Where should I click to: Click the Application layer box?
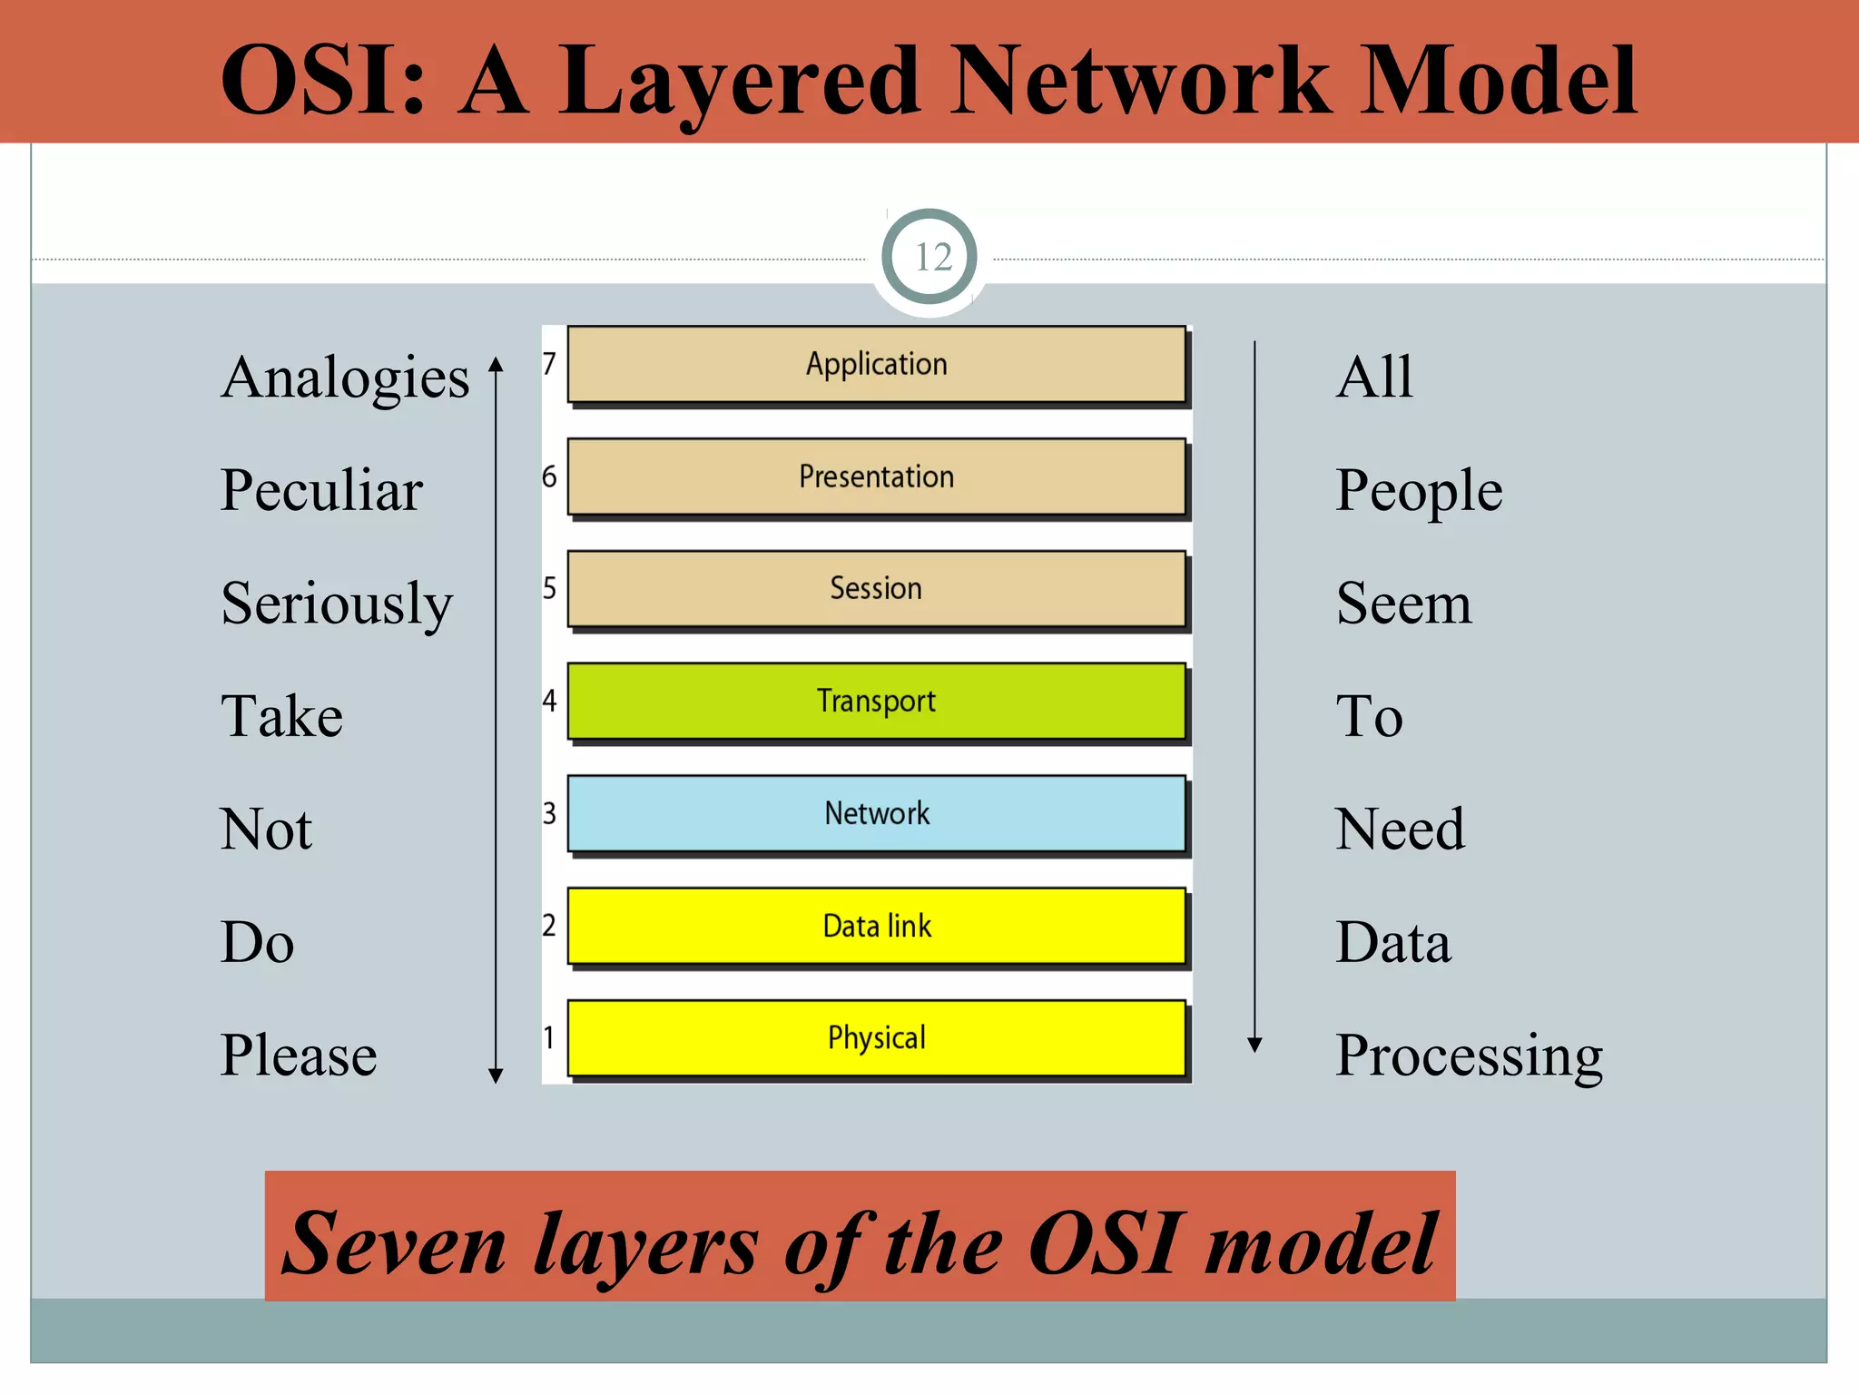(876, 364)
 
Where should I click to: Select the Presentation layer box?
(876, 476)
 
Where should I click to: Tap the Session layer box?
(876, 588)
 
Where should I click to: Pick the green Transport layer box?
(876, 701)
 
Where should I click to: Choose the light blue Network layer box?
(876, 813)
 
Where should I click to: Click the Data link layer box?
(876, 926)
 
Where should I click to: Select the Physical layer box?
(876, 1037)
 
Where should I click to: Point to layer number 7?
(549, 364)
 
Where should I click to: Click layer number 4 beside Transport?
(549, 701)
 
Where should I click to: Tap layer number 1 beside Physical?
(548, 1036)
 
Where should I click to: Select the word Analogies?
(345, 378)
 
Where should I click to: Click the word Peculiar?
(321, 490)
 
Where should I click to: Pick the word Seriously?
(337, 604)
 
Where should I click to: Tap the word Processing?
(1469, 1055)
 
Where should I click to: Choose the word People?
(1419, 491)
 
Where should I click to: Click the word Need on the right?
(1400, 830)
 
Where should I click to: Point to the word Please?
(299, 1055)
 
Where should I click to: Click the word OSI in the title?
(323, 82)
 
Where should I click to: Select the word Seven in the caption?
(394, 1243)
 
